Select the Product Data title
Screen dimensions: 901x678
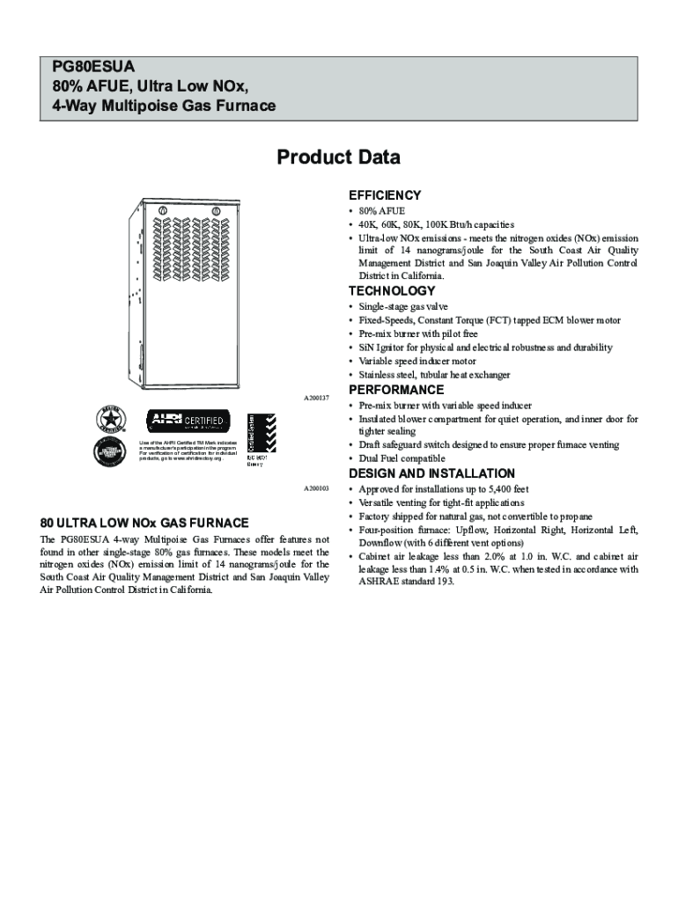[338, 157]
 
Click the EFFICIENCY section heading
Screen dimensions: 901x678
[385, 195]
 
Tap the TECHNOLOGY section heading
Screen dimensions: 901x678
[392, 291]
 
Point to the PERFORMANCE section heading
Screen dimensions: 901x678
[396, 390]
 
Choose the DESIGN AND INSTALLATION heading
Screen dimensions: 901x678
[431, 473]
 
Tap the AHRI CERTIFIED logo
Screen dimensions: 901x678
[188, 420]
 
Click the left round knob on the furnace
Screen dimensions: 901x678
[162, 210]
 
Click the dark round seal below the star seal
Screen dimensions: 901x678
[111, 452]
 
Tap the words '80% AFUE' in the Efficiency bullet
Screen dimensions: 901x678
[381, 212]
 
